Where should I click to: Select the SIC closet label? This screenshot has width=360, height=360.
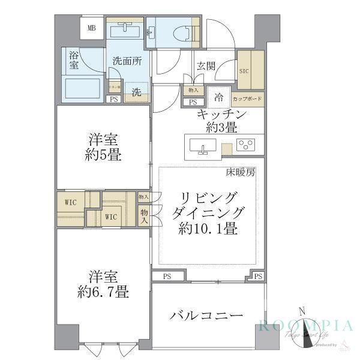(x=244, y=70)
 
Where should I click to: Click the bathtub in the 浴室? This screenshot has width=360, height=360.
(x=83, y=89)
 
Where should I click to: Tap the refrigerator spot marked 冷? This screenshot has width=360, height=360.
(x=219, y=97)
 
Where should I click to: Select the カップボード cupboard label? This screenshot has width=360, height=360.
(x=246, y=98)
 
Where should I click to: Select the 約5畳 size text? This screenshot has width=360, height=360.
(x=103, y=155)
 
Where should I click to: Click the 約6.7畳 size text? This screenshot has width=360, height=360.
(x=103, y=292)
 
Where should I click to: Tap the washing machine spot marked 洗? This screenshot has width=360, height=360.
(x=136, y=92)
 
